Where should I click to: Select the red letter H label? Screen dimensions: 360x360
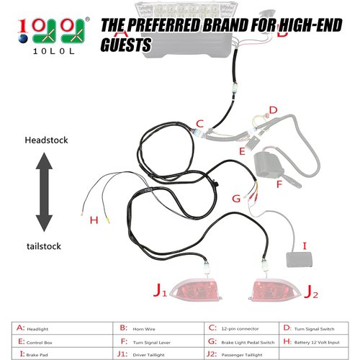coord(92,220)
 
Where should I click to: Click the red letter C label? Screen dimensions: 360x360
coord(200,123)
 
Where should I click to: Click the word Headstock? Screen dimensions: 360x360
coord(46,140)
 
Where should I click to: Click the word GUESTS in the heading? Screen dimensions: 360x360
coord(126,45)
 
